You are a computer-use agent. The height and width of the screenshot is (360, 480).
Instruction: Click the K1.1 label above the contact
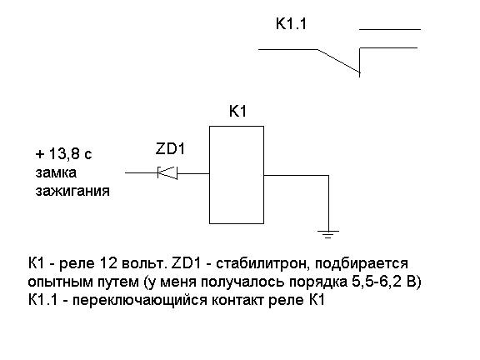(x=291, y=24)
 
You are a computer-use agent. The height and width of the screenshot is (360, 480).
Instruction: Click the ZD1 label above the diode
(x=170, y=149)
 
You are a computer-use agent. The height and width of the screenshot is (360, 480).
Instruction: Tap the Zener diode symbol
(x=167, y=172)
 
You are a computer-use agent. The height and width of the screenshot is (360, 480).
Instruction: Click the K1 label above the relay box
(x=237, y=111)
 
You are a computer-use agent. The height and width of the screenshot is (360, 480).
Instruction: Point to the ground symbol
(x=328, y=234)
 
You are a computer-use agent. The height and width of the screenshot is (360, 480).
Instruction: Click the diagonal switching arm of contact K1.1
(x=338, y=61)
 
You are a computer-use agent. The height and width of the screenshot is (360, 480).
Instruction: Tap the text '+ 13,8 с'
(x=63, y=153)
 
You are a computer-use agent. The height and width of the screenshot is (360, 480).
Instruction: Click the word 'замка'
(x=56, y=173)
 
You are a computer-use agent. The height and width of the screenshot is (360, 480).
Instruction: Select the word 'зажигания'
(x=72, y=191)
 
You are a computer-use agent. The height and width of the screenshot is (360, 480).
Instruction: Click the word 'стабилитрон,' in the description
(x=262, y=263)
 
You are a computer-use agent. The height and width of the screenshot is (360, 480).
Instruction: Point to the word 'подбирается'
(x=361, y=263)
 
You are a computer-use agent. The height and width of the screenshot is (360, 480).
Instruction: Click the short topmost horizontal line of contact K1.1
(x=390, y=30)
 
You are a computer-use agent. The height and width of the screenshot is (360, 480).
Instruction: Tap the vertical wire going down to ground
(x=329, y=202)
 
